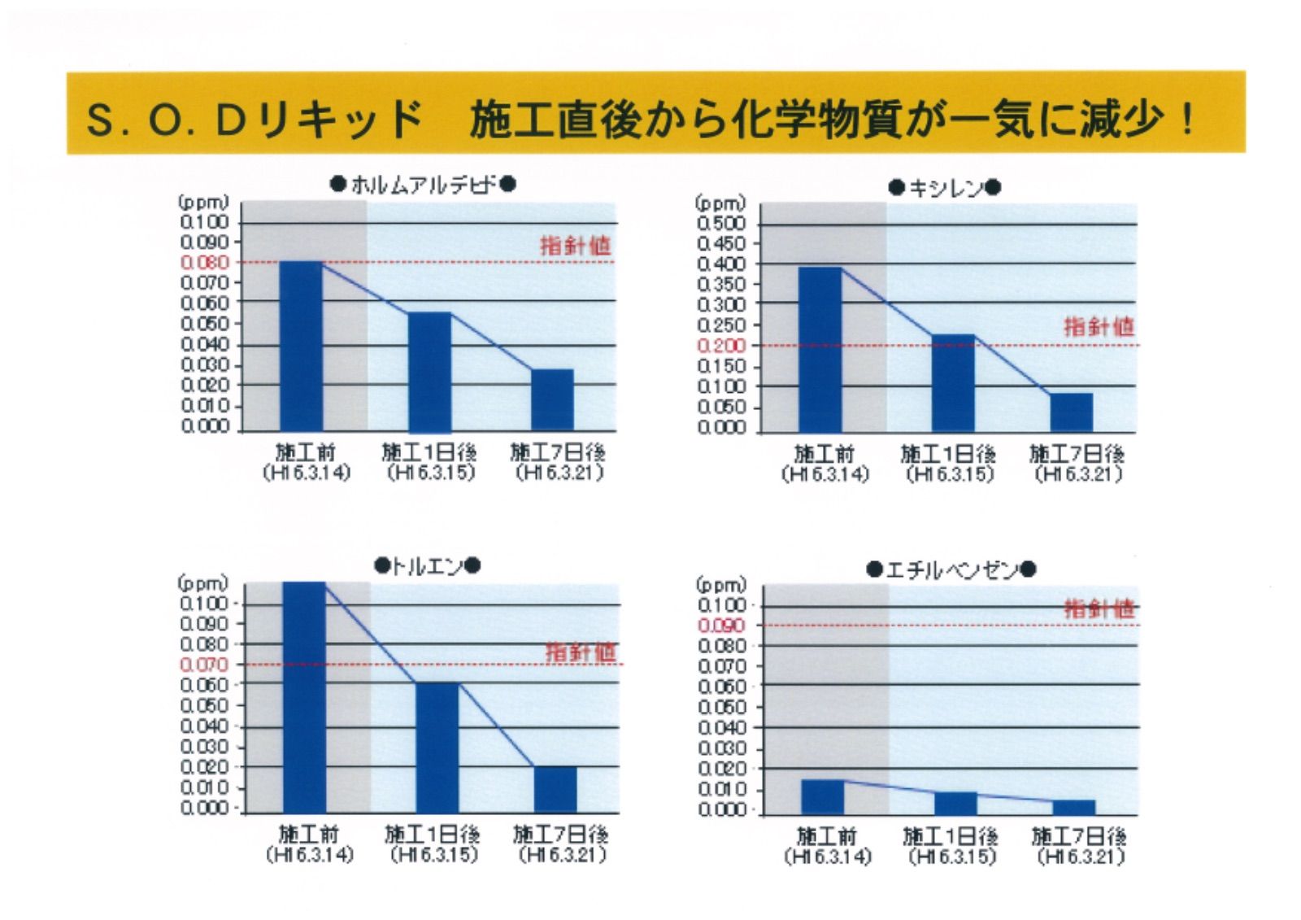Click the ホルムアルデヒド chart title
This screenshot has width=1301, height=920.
coord(423,185)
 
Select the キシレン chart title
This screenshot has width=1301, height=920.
coord(945,188)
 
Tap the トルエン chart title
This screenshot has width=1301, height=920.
coord(428,566)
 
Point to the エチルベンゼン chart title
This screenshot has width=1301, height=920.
coord(951,569)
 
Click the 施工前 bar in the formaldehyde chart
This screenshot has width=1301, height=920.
coord(302,346)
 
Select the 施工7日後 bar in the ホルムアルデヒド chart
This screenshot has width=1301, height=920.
coord(552,399)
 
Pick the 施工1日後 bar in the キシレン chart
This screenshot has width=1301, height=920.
coord(953,382)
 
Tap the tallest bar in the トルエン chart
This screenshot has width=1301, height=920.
coord(304,696)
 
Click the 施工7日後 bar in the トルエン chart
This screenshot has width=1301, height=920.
coord(555,789)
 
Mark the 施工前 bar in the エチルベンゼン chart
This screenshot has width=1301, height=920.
coord(822,796)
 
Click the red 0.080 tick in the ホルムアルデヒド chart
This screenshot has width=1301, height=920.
coord(205,263)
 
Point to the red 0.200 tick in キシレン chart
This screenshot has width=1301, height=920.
coord(721,346)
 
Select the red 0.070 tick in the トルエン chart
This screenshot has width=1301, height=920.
coord(204,665)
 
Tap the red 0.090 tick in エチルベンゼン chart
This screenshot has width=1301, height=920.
coord(721,626)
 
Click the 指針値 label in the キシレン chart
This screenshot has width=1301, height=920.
coord(1099,327)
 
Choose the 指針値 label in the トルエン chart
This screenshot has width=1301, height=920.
coord(581,652)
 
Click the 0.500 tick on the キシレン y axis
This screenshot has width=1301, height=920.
coord(721,224)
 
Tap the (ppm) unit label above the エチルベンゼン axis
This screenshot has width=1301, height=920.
coord(720,585)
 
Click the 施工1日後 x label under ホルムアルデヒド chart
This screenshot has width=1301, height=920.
coord(429,453)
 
